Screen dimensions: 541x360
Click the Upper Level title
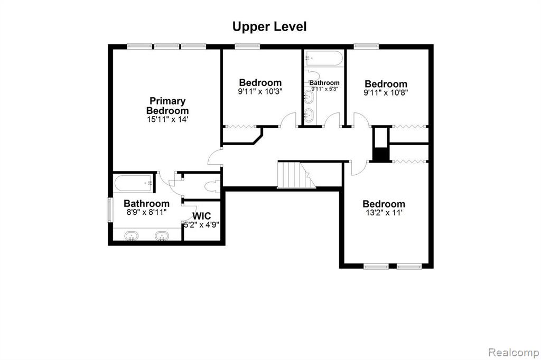(269, 27)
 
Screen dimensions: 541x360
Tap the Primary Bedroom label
(167, 106)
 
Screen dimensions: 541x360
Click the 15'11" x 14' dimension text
(167, 120)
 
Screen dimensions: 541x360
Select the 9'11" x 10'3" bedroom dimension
(260, 92)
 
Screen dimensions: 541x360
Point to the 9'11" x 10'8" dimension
(386, 93)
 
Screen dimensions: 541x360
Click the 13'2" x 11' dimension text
(384, 213)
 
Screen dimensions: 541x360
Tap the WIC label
(201, 216)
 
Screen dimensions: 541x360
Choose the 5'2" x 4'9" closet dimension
(201, 225)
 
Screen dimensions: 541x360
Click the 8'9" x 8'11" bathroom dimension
(147, 212)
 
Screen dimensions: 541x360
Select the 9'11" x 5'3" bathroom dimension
(324, 89)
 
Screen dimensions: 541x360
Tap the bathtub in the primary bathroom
(134, 183)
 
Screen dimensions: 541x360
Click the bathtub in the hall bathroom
(324, 58)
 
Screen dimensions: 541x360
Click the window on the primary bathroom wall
(110, 210)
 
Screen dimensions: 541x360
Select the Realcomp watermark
(514, 353)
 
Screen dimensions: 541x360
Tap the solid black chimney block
(381, 154)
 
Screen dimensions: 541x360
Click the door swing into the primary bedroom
(215, 157)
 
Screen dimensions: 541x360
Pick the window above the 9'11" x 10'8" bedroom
(367, 46)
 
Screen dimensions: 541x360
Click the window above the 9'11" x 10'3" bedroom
(247, 46)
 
